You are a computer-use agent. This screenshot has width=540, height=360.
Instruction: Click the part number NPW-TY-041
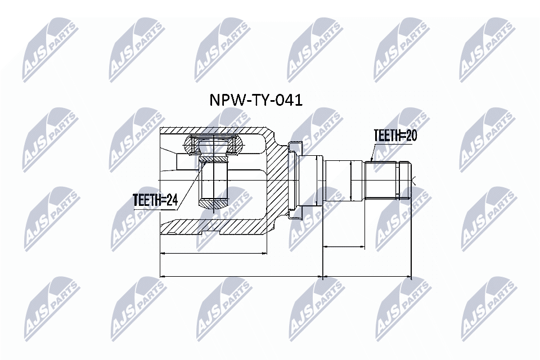click(x=256, y=100)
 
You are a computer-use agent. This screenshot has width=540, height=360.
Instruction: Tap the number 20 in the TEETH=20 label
click(x=411, y=136)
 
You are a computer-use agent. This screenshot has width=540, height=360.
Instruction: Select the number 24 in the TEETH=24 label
click(x=172, y=200)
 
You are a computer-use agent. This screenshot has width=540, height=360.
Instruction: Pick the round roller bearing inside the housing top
click(x=214, y=145)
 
